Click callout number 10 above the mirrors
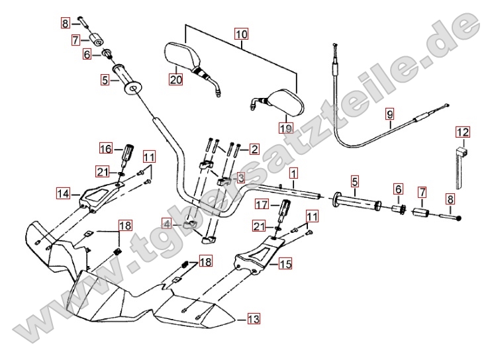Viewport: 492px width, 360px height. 241,32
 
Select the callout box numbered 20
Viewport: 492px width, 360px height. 175,80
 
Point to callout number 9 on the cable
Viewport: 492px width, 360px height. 389,112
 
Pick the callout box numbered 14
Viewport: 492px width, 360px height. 63,194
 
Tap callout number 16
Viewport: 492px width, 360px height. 107,147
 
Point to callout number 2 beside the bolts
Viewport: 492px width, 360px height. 254,149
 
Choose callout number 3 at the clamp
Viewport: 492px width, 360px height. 240,177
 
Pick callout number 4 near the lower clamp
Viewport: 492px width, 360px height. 167,224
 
